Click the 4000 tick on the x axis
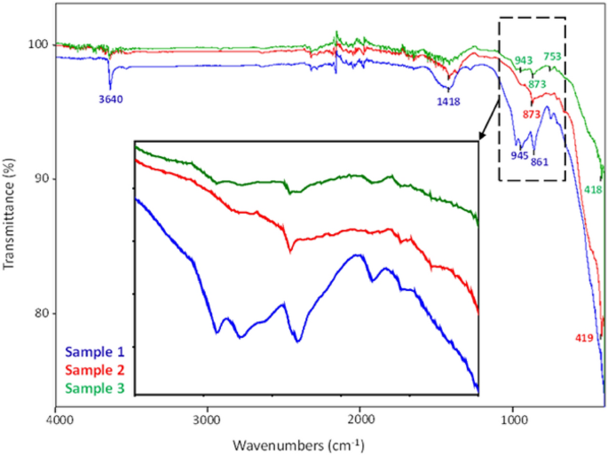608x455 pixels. coord(57,419)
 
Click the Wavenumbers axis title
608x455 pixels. coord(303,442)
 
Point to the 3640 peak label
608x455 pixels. coord(111,99)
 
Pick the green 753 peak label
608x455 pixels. coord(553,57)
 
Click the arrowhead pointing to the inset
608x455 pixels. coord(483,137)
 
